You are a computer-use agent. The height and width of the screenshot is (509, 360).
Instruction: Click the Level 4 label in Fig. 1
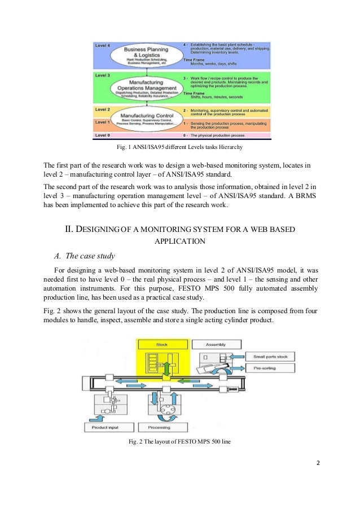(x=103, y=44)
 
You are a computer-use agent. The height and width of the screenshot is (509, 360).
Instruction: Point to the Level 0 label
(x=103, y=135)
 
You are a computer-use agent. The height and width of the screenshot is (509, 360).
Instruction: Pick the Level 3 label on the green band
(x=103, y=75)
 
